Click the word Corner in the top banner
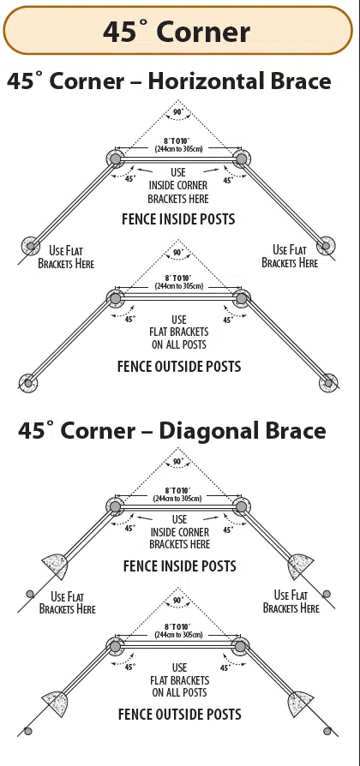204,33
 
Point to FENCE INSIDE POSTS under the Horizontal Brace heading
178,219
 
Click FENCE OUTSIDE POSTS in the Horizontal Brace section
179,367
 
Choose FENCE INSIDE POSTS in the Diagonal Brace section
179,566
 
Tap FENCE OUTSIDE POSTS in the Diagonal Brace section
179,714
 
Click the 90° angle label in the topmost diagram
178,112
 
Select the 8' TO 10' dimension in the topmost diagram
178,140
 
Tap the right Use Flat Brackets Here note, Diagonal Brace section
291,601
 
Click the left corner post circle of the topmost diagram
116,159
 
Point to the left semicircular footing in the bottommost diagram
55,702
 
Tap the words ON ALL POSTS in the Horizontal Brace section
179,344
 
